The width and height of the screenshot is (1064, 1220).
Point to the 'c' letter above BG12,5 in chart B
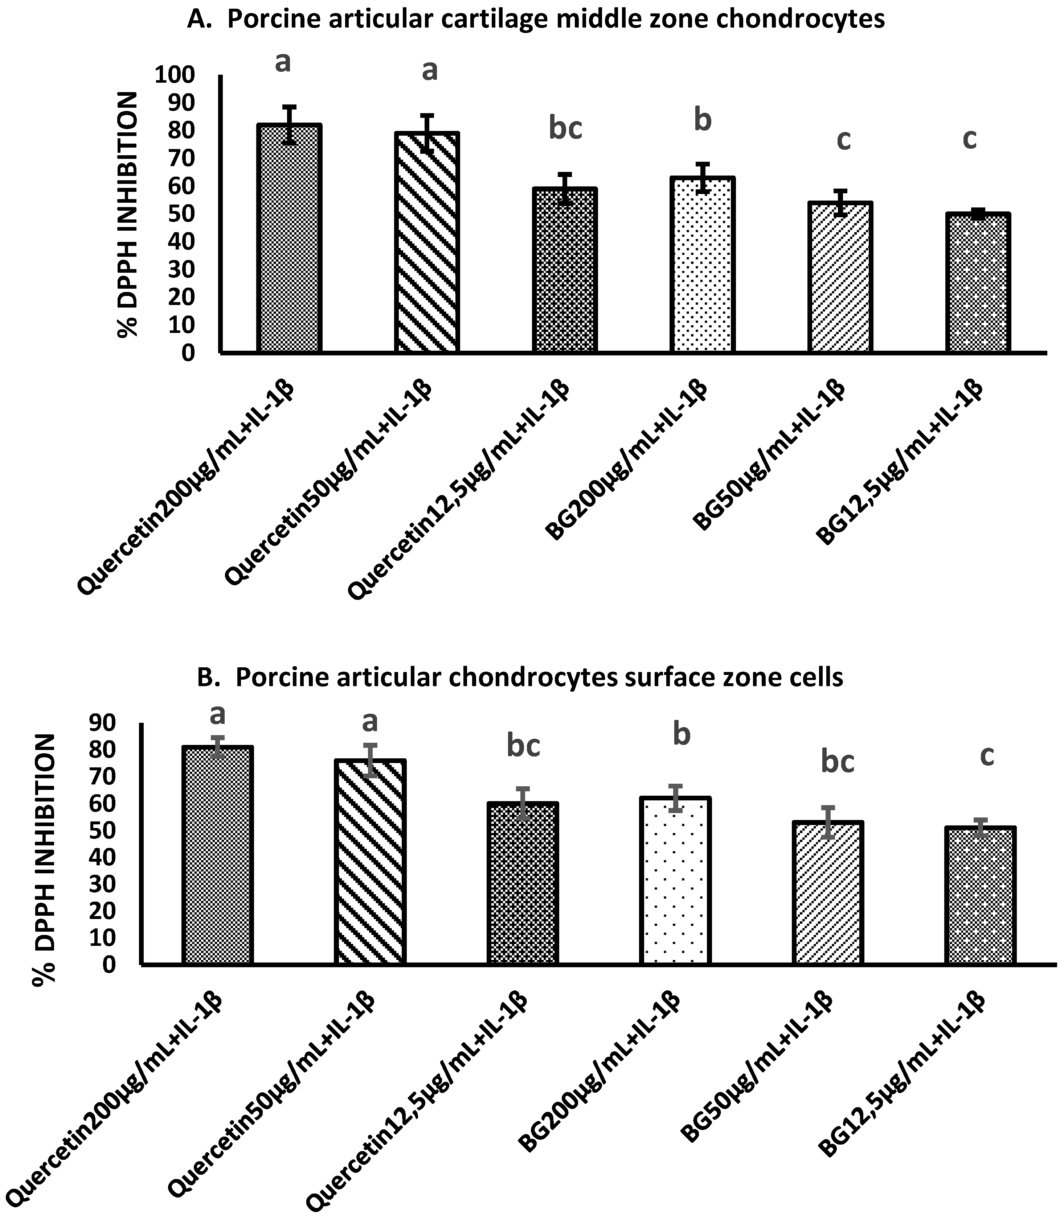coord(986,757)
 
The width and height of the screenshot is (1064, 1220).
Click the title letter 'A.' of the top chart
coord(200,20)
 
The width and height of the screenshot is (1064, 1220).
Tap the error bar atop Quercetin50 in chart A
coord(427,133)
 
